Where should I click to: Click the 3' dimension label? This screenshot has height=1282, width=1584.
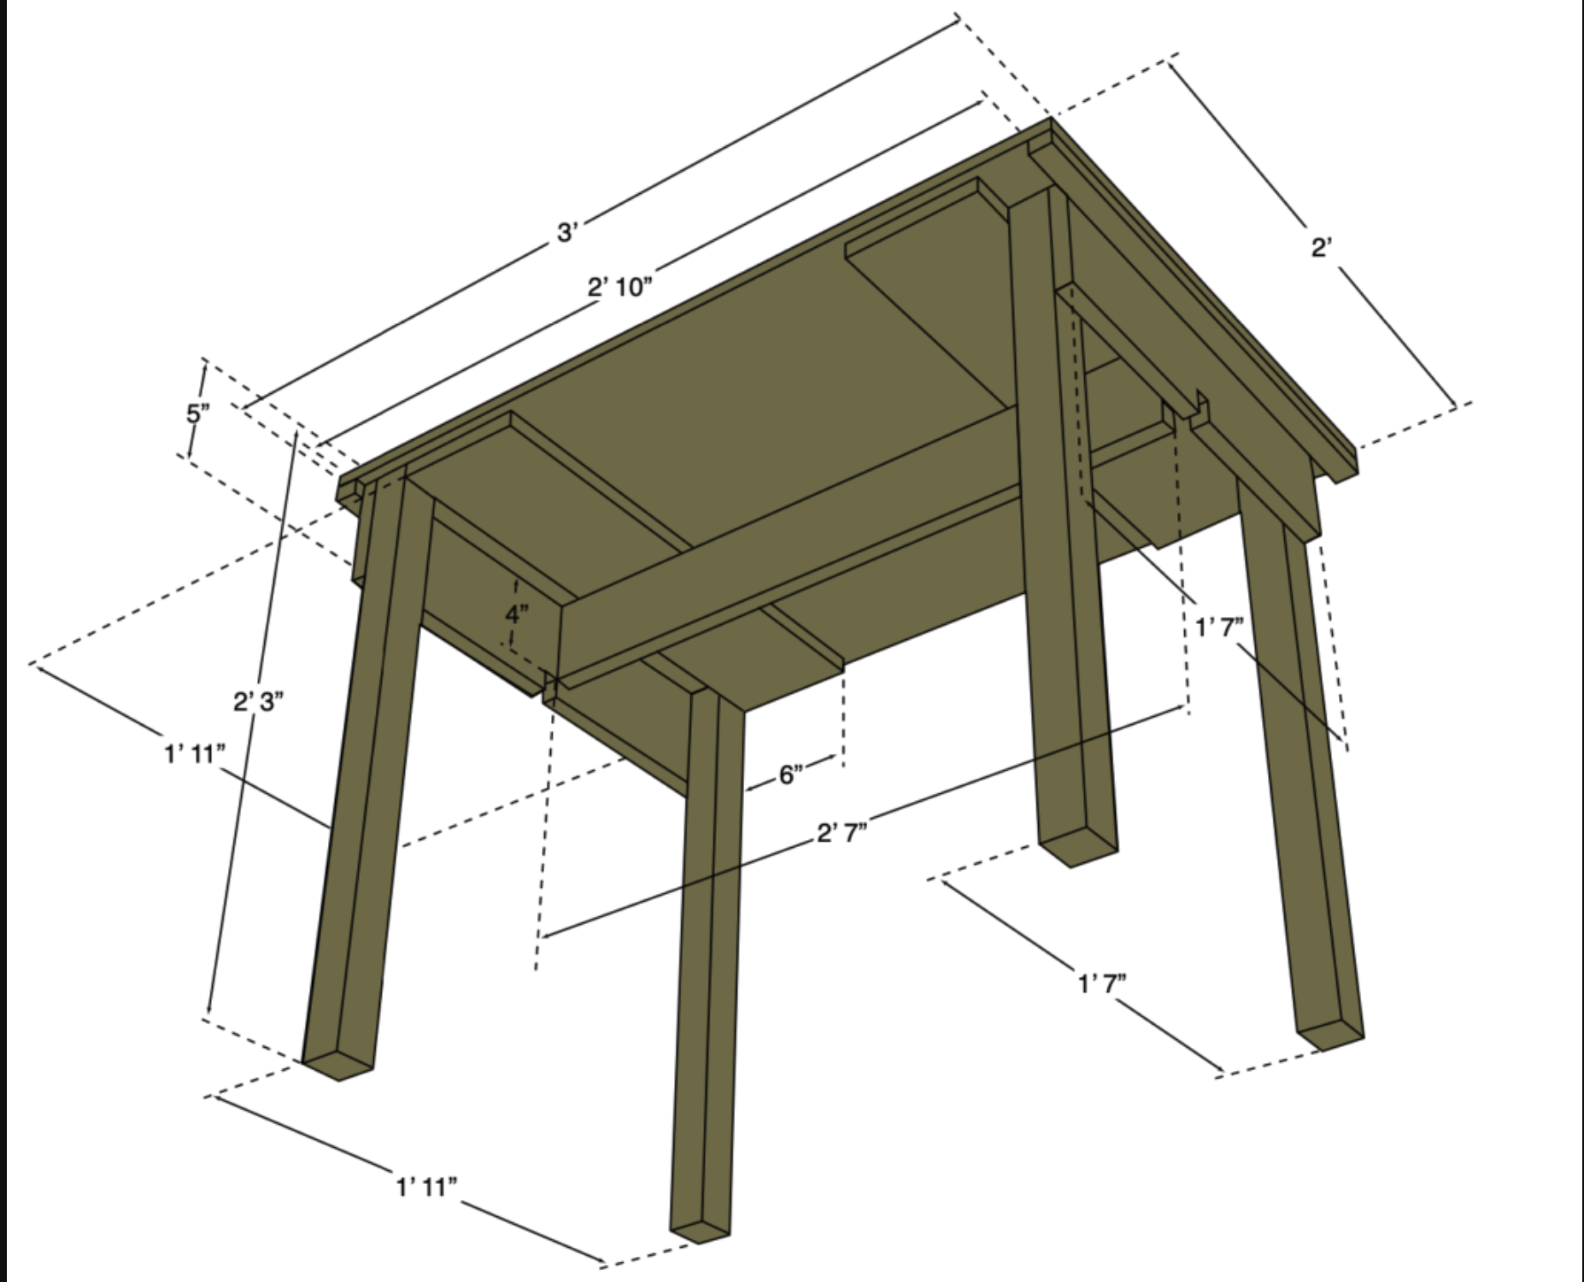pos(568,231)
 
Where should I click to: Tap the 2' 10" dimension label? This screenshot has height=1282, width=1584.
pos(619,286)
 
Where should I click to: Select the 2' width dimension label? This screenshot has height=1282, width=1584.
pos(1322,248)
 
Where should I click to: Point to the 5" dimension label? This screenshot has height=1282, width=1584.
pos(197,414)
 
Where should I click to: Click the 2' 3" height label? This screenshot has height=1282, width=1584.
pos(258,702)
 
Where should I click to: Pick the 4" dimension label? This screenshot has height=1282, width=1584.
pos(517,613)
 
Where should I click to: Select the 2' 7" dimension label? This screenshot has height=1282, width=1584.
pos(842,832)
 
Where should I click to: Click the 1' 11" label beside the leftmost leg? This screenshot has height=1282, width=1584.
pos(195,754)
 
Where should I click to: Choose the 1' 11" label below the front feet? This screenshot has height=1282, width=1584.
pos(426,1186)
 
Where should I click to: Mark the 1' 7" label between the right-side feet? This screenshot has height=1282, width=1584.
pos(1101,984)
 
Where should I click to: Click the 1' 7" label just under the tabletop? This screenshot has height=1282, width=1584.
pos(1219,628)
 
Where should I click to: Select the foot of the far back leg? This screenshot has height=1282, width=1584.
pos(1077,851)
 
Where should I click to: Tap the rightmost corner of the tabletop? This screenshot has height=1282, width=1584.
pos(1356,446)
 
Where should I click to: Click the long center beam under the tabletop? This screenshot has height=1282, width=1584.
pos(786,547)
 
